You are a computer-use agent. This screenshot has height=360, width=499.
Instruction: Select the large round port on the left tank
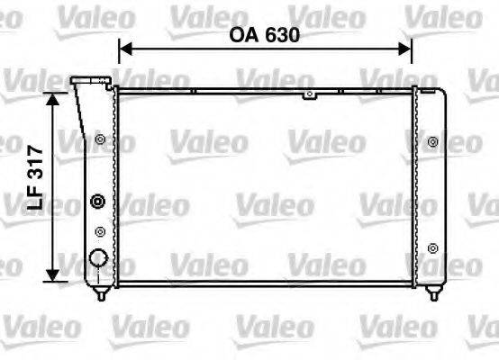pos(98,260)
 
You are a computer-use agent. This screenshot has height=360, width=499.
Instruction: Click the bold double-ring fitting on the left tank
pos(98,202)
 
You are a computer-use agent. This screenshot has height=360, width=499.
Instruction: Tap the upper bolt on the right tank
pos(433,141)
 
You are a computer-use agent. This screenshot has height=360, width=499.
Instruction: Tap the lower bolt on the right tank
pos(433,247)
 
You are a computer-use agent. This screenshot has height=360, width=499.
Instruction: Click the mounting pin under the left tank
pos(102,293)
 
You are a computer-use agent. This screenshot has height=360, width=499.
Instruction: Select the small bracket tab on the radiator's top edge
pos(309,94)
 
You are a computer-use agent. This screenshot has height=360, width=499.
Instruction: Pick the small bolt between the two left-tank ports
pos(99,231)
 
